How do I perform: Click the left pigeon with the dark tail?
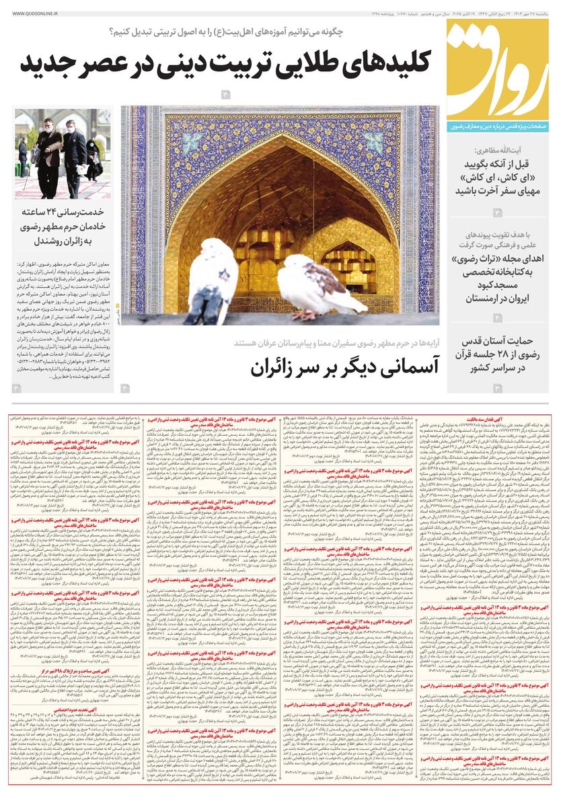point(213,279)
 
